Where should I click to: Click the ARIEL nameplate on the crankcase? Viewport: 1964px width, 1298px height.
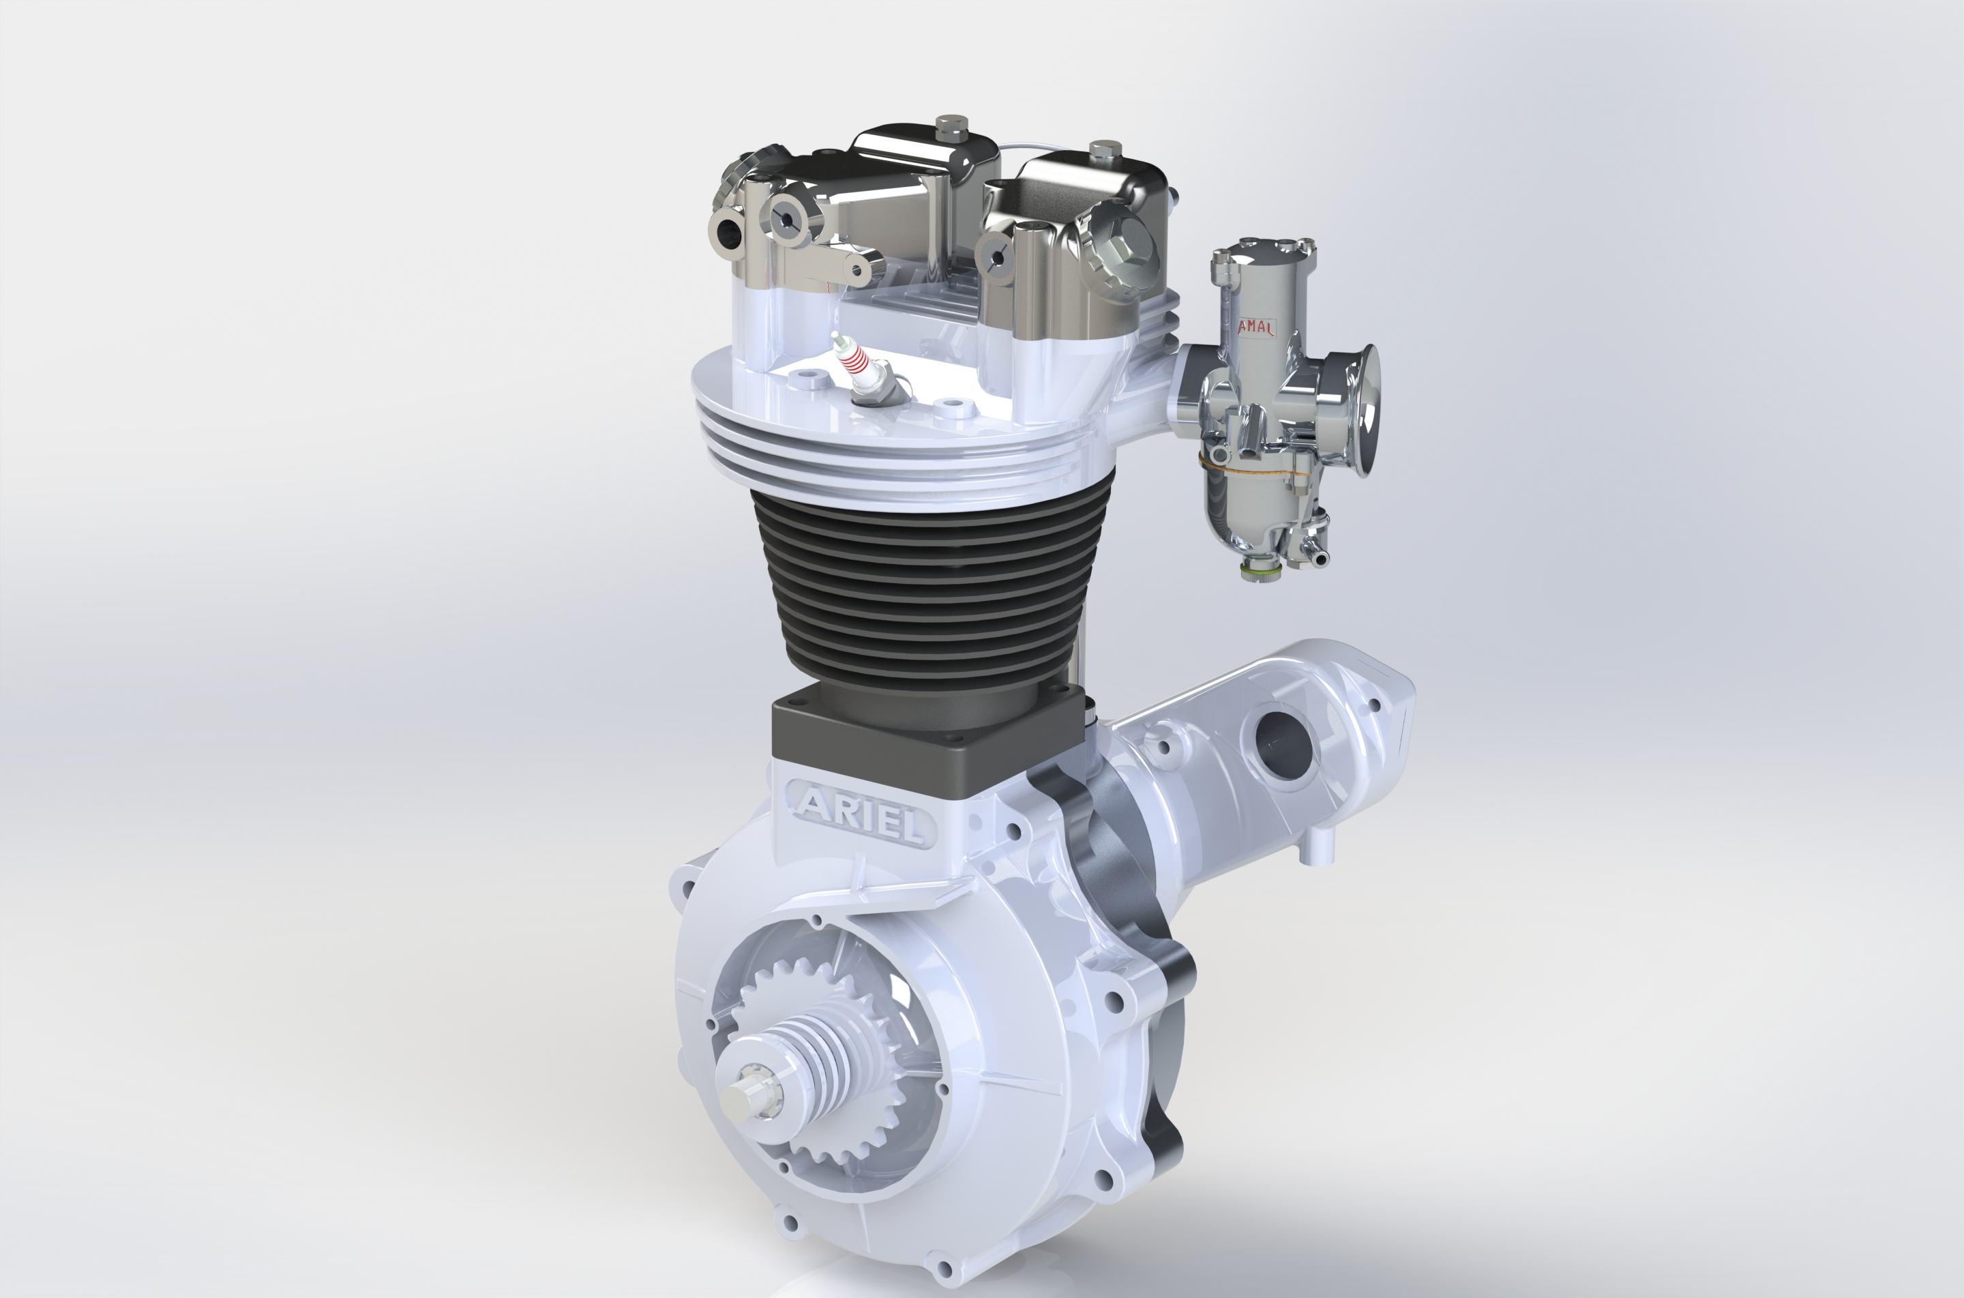(861, 812)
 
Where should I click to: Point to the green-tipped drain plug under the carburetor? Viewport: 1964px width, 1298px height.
(1259, 571)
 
